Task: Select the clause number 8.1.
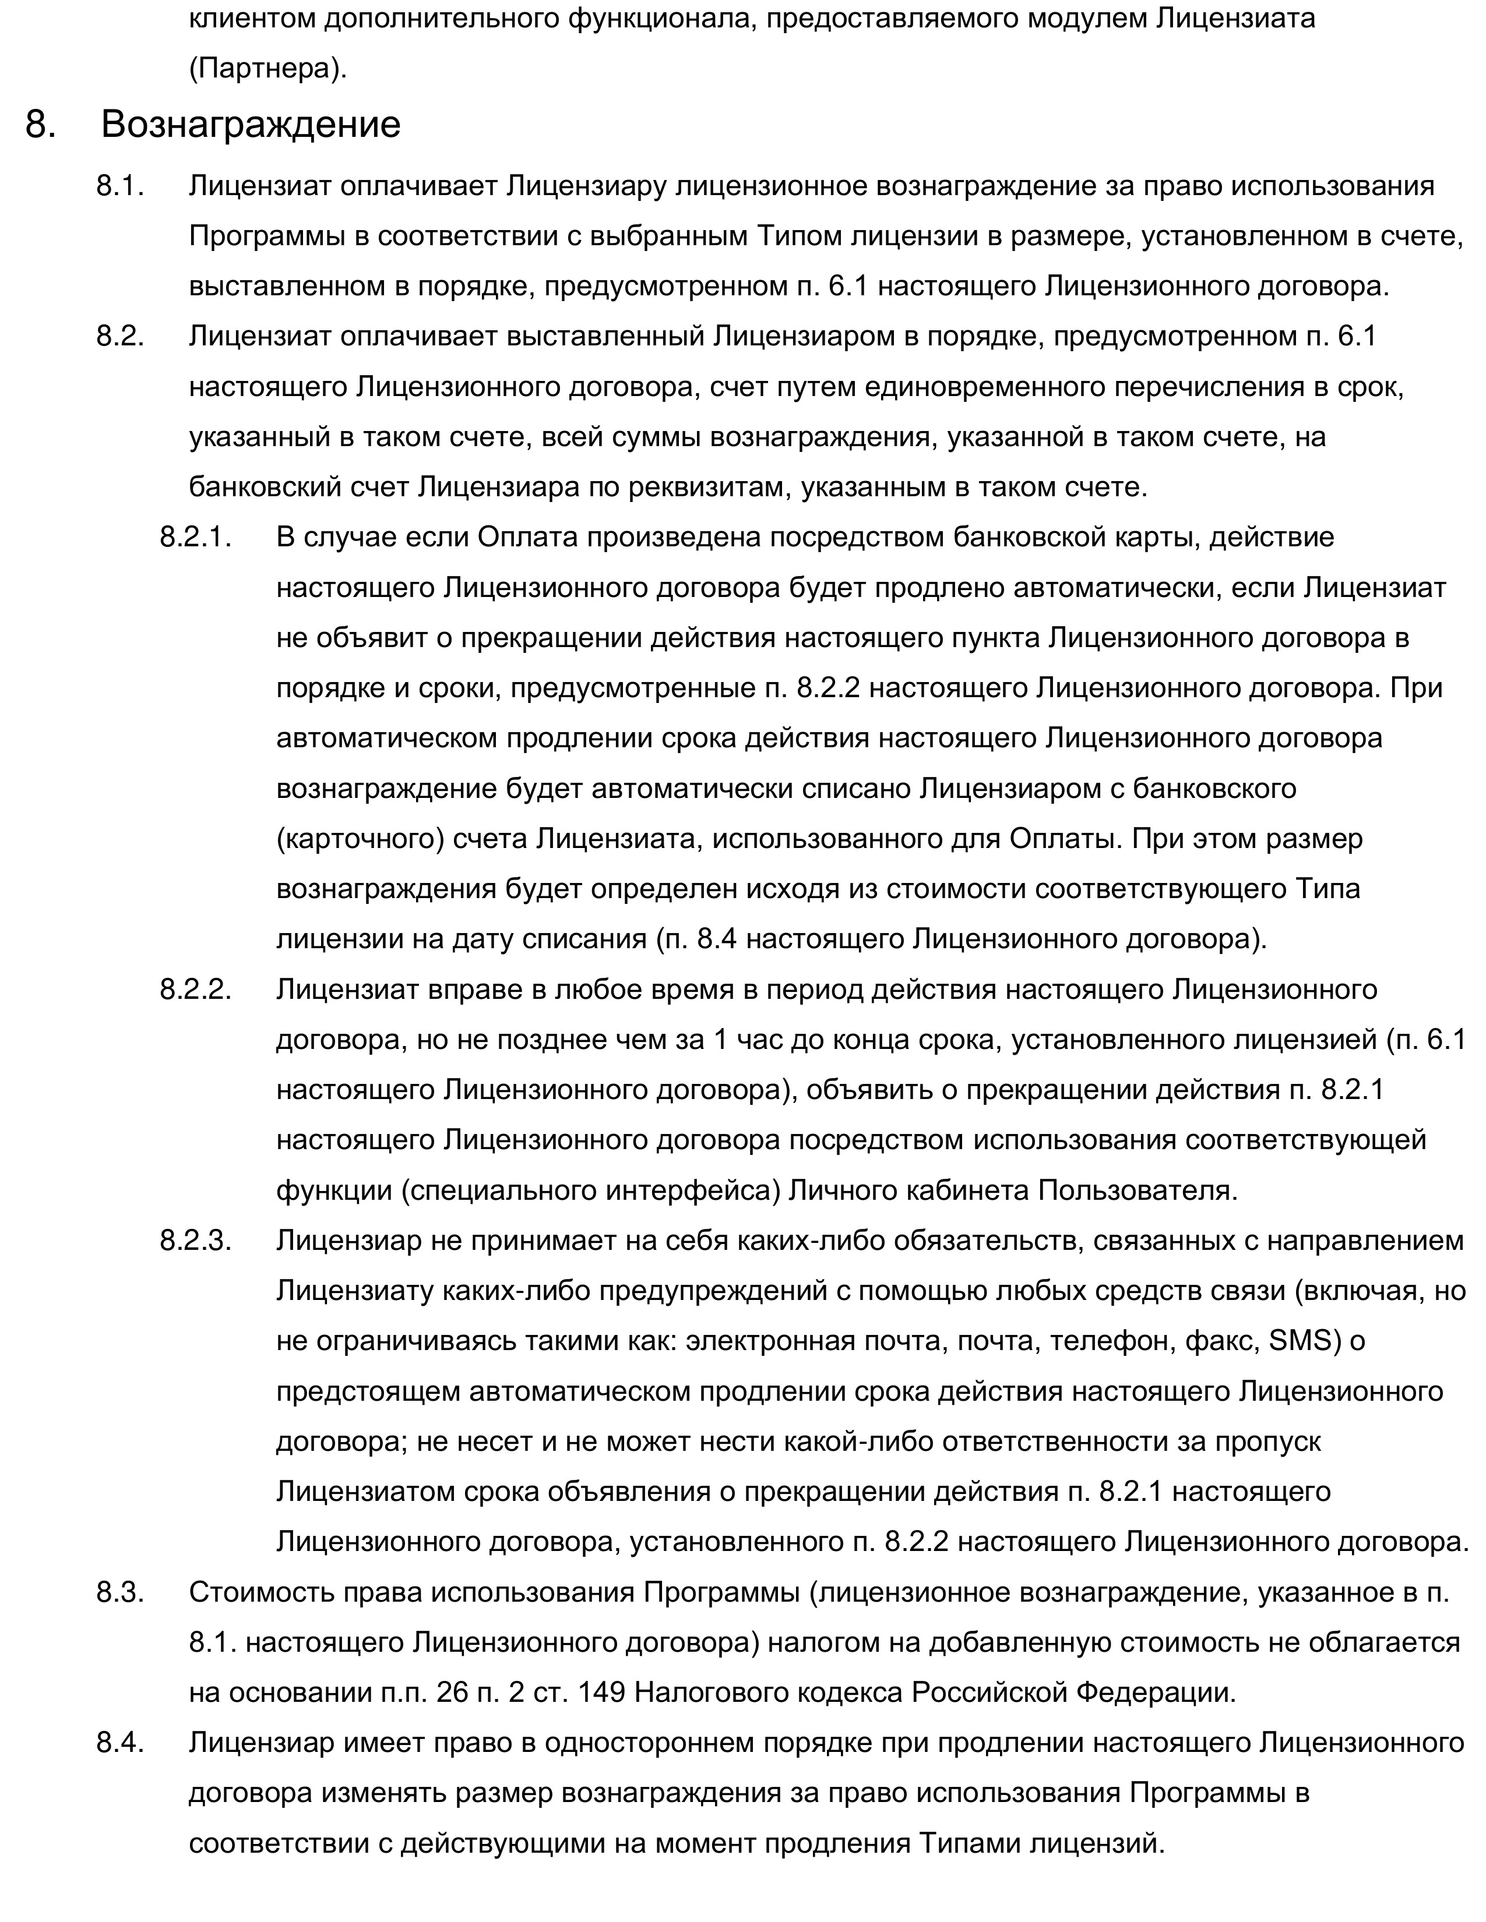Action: pos(119,186)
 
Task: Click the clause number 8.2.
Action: pos(119,336)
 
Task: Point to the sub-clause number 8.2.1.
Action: pos(195,537)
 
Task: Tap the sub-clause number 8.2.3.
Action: pos(195,1240)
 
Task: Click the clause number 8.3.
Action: pos(119,1592)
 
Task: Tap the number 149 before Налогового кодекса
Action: pos(601,1693)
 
